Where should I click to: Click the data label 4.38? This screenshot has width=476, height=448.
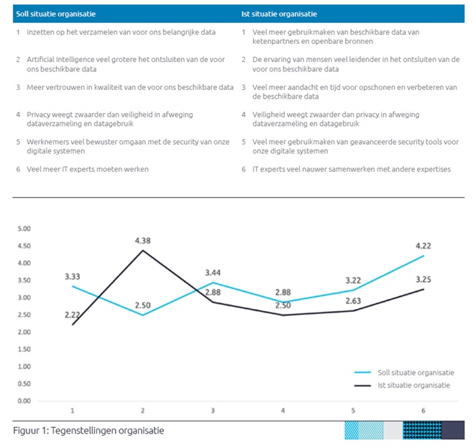142,241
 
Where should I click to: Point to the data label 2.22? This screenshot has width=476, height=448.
73,314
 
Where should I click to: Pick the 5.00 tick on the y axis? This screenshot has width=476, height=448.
24,228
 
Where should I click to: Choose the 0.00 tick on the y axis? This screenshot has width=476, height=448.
24,400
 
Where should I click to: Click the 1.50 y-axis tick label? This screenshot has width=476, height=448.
24,349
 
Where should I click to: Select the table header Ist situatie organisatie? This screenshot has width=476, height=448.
279,14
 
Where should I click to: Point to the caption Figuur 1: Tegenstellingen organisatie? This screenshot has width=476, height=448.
88,431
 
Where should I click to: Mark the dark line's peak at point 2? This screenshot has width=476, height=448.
142,250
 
